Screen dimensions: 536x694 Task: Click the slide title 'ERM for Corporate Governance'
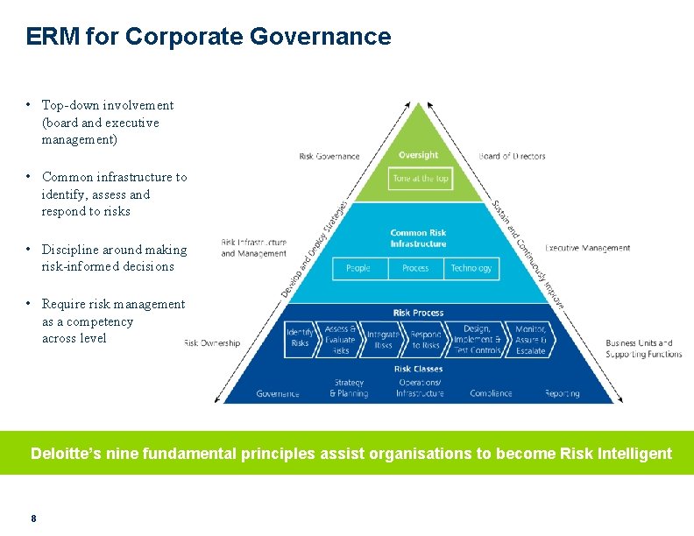[209, 37]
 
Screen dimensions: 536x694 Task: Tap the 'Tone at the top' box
[421, 179]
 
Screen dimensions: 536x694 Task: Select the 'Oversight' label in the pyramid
[418, 155]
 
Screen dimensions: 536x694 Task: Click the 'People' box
[358, 268]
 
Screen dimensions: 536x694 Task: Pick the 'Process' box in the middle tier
[415, 268]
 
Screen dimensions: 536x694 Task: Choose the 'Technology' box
[471, 268]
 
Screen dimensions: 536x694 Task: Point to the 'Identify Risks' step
[300, 338]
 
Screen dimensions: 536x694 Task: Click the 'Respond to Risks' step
[426, 340]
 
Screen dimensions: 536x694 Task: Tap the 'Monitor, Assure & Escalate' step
[530, 340]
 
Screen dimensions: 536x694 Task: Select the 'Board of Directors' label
[512, 157]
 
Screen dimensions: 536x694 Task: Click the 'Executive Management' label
[587, 248]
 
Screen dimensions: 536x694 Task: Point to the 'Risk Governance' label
[329, 157]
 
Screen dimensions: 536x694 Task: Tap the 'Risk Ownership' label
[211, 343]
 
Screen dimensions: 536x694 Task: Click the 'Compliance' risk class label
[491, 394]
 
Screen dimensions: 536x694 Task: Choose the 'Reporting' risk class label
[562, 394]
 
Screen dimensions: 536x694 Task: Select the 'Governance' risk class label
[278, 394]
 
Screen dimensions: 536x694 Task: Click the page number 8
[33, 518]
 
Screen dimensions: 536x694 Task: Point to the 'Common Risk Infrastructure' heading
[418, 238]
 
